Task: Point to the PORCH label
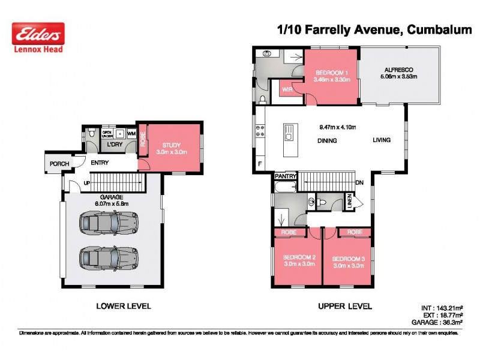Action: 59,164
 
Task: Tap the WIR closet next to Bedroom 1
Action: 287,90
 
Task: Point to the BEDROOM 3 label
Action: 348,258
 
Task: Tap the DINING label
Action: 327,141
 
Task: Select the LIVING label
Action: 381,140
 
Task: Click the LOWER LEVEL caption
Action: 124,306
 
